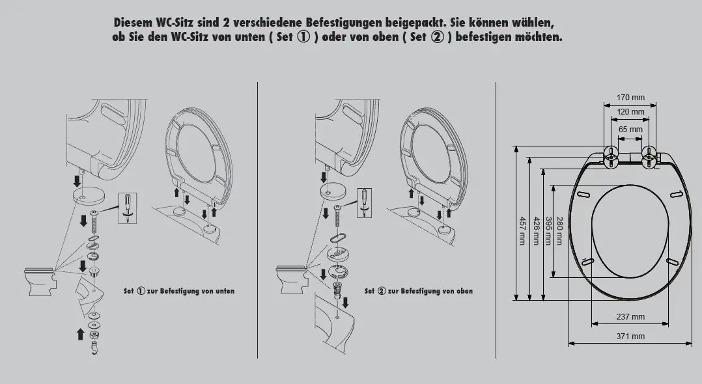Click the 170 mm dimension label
tap(630, 98)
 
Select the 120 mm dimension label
tap(630, 112)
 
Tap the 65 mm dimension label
tap(630, 129)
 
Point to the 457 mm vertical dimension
tap(522, 230)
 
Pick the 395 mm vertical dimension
tap(548, 230)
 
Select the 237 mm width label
tap(630, 317)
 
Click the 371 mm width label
tap(630, 336)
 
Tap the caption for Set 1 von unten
tap(179, 291)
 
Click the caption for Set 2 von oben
tap(419, 291)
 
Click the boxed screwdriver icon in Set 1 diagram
tap(128, 208)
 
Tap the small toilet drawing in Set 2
tap(291, 279)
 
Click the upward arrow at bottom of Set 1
tap(80, 334)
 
